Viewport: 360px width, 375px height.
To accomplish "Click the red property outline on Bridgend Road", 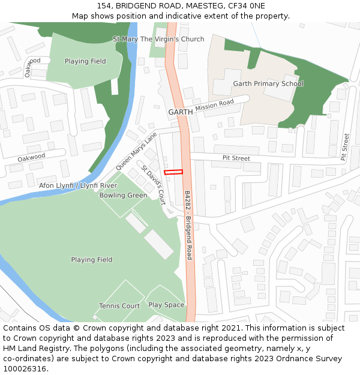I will pos(173,172).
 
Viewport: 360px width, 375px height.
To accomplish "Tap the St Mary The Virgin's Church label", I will pos(158,39).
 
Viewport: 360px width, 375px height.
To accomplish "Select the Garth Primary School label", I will pos(268,83).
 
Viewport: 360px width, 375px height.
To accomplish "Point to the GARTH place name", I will pos(180,112).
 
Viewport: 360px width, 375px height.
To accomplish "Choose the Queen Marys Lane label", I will pos(136,150).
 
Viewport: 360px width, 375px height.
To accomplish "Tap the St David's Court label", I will pos(154,185).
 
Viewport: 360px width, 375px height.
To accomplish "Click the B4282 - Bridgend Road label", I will pos(188,225).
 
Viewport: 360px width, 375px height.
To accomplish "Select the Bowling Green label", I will pos(123,195).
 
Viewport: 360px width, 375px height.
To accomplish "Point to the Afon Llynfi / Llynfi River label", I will pos(78,185).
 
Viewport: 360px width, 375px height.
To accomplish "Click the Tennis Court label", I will pos(119,306).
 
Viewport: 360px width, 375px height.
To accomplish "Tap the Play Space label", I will pos(166,305).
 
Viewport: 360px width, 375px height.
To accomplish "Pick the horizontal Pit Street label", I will pos(236,158).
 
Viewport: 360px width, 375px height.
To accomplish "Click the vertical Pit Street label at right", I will pos(345,147).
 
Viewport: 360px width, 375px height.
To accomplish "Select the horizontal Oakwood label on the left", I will pos(31,157).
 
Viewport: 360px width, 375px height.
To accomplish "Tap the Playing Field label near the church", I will pos(85,61).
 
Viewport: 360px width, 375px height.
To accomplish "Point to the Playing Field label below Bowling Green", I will pos(92,260).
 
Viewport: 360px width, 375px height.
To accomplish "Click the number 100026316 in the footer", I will pos(25,369).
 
